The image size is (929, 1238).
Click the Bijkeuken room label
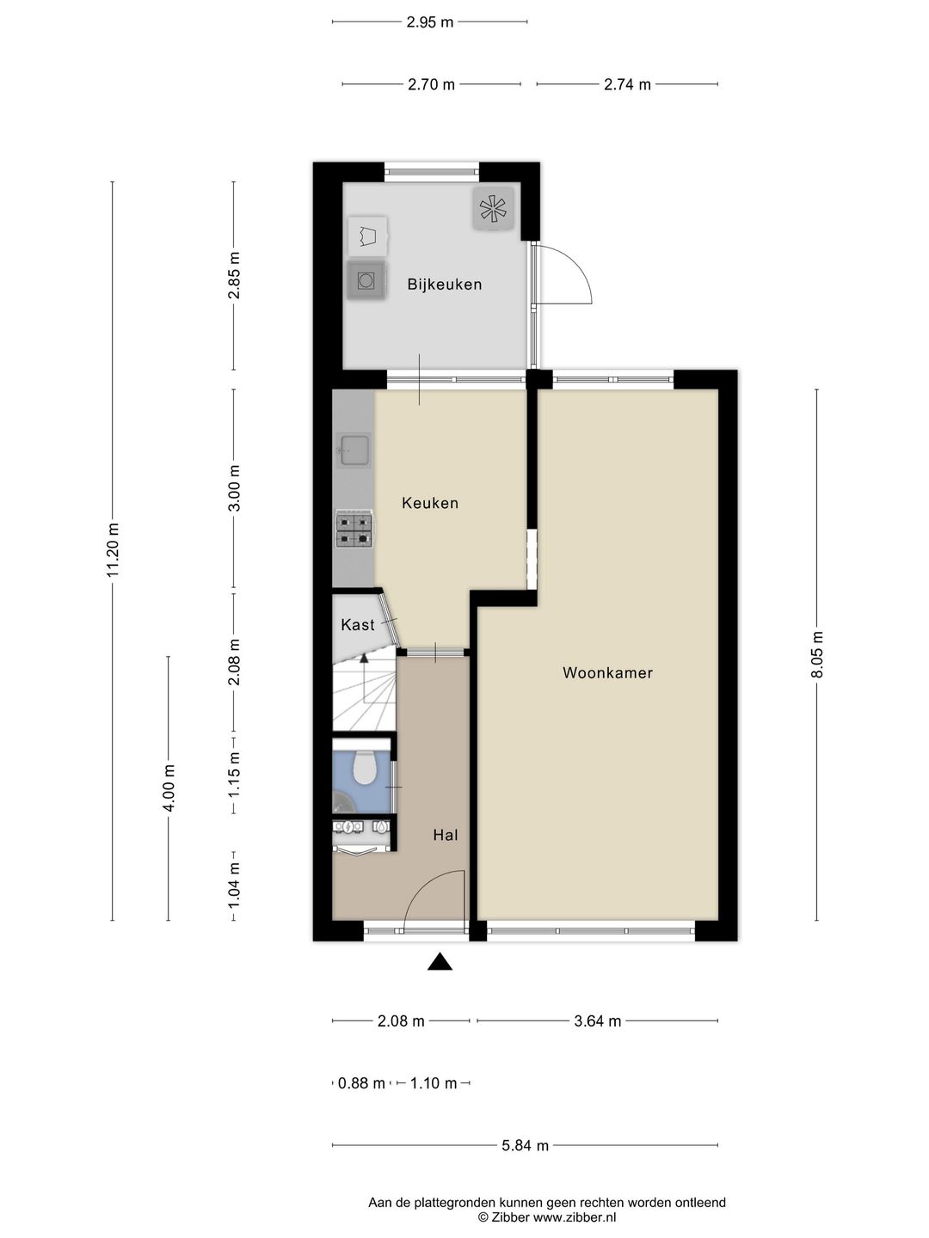pos(445,285)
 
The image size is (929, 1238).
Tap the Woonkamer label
pos(607,672)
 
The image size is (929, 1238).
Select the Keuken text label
pos(430,503)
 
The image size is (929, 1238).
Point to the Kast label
pos(358,624)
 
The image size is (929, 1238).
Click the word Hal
pos(445,835)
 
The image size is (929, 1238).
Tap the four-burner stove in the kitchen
pos(354,530)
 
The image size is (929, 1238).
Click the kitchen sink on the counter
pos(353,450)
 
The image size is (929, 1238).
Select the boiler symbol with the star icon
pos(493,209)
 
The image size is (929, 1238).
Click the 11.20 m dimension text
pos(113,550)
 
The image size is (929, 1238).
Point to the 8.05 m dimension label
pos(817,654)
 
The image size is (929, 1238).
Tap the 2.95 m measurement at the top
pos(430,22)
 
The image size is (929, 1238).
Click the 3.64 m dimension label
pos(597,1020)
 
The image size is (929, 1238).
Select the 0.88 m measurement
pos(361,1083)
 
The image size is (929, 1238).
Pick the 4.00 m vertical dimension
pos(169,787)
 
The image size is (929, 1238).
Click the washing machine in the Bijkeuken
pos(366,279)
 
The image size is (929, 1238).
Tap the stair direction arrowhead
pos(365,657)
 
